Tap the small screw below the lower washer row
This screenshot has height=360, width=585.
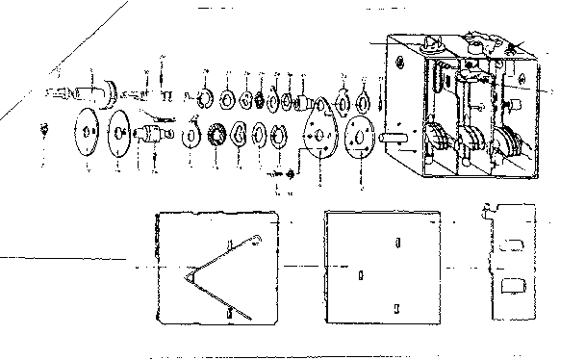(x=290, y=173)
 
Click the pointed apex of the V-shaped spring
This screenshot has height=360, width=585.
(x=187, y=277)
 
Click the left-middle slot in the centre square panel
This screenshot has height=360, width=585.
(x=360, y=275)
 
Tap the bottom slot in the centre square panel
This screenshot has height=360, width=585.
(x=396, y=308)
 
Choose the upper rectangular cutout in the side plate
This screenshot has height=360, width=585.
(x=513, y=246)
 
